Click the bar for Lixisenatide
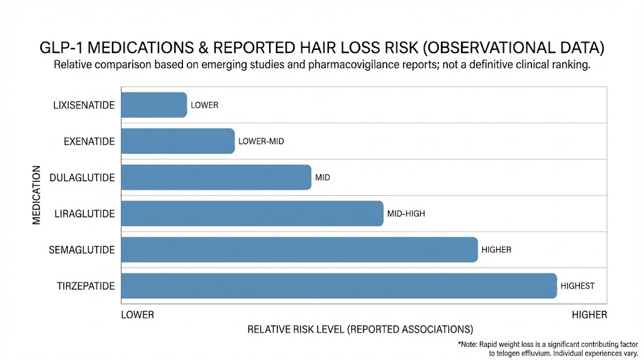click(x=153, y=105)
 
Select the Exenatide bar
click(x=177, y=141)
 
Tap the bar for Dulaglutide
click(x=216, y=177)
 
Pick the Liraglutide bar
click(x=252, y=213)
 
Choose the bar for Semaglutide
click(x=299, y=250)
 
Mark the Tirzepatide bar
click(x=338, y=286)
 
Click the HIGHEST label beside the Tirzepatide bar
click(x=577, y=286)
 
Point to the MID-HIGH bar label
click(x=406, y=214)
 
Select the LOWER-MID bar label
click(x=261, y=142)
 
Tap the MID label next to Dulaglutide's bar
click(x=323, y=177)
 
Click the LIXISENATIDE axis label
click(x=84, y=105)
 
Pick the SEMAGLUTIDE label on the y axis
click(x=82, y=250)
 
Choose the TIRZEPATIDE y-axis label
click(x=85, y=286)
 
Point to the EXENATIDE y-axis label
click(x=89, y=142)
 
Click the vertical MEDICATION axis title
click(x=36, y=196)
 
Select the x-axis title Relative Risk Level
click(x=360, y=329)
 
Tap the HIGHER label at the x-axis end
click(x=589, y=315)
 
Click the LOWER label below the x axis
click(x=137, y=315)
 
